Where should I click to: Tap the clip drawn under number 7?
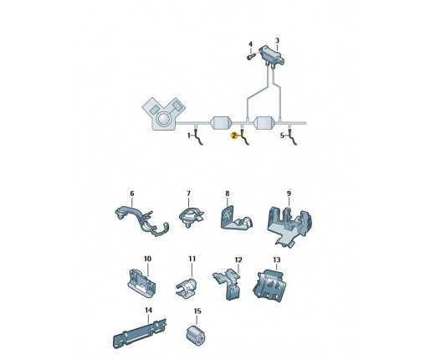189,220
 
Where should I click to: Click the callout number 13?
277,260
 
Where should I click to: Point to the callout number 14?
147,310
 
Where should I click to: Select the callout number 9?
289,193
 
